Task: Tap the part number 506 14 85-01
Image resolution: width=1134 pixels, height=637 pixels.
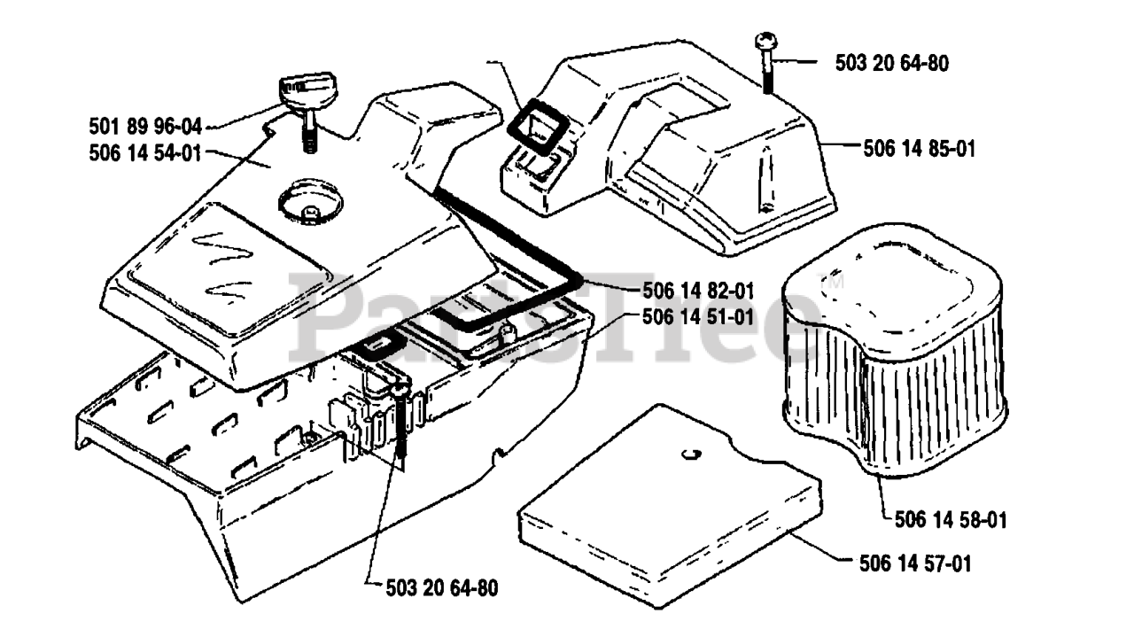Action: pyautogui.click(x=919, y=149)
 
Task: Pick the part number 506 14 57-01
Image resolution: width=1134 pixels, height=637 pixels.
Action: pyautogui.click(x=914, y=563)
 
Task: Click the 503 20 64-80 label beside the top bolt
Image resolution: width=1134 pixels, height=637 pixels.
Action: pyautogui.click(x=892, y=62)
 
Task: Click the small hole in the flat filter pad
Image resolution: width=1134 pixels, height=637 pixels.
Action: pyautogui.click(x=692, y=455)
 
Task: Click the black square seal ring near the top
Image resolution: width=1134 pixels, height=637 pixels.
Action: pyautogui.click(x=531, y=123)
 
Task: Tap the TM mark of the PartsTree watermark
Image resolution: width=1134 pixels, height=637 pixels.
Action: pyautogui.click(x=835, y=283)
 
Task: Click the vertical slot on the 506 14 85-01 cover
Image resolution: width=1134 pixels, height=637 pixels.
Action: pyautogui.click(x=760, y=186)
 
